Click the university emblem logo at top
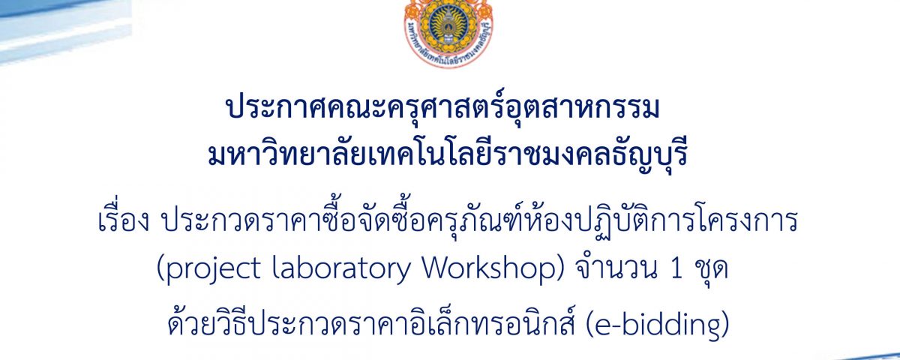(448, 32)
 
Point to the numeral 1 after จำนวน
(676, 270)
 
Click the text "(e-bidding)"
(657, 326)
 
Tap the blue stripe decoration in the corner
(64, 28)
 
